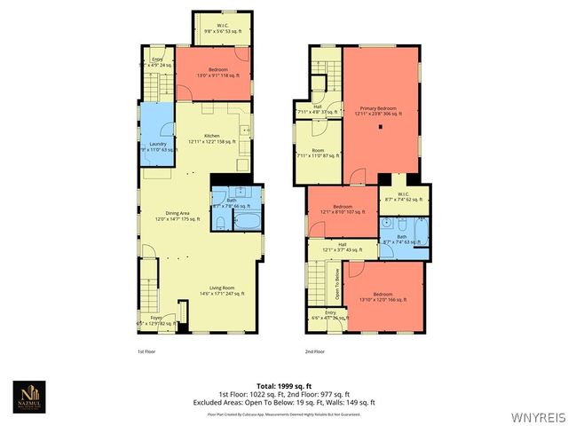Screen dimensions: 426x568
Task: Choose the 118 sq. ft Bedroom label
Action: tap(218, 71)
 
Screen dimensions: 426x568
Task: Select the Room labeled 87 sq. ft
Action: tap(318, 154)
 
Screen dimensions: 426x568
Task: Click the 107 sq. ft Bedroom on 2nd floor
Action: tap(343, 209)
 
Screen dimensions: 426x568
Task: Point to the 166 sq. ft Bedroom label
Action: tap(383, 296)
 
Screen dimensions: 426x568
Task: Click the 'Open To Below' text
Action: tap(337, 284)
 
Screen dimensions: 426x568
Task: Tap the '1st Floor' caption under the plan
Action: tap(147, 351)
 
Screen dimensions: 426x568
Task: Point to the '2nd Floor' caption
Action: tap(315, 351)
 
